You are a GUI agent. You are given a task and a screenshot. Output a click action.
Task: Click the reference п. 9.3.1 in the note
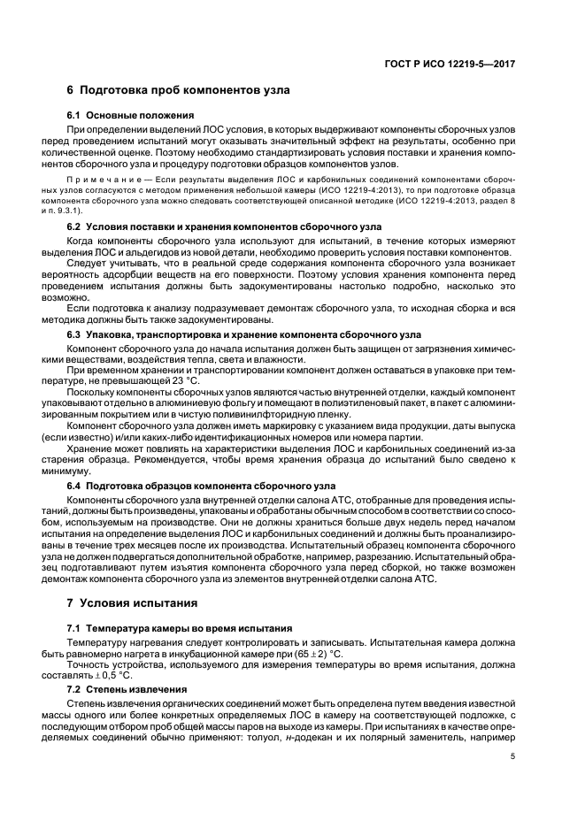point(89,211)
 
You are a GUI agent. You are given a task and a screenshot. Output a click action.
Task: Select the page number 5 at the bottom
point(512,756)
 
